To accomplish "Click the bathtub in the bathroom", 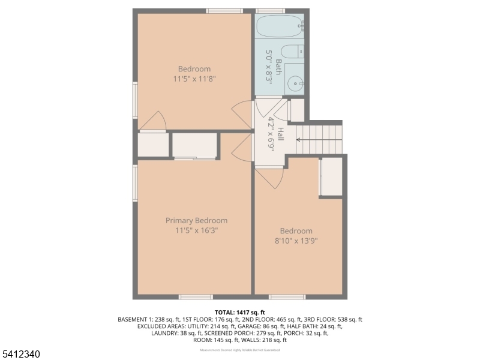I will click(x=280, y=27).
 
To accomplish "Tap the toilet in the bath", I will click(x=293, y=51).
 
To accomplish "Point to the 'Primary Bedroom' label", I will click(x=196, y=220).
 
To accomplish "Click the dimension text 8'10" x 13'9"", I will click(x=296, y=241).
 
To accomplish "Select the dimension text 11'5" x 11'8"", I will click(x=194, y=79).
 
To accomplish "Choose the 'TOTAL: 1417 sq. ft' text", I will click(x=239, y=313).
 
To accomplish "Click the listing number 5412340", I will click(x=21, y=354).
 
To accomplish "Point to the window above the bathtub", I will click(x=269, y=10).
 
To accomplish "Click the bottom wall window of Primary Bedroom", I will click(x=196, y=296).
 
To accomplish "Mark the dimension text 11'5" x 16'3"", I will click(x=196, y=230).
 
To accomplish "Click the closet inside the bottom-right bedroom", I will click(x=331, y=176).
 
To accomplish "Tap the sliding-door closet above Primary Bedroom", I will click(x=194, y=146).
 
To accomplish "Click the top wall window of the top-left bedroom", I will click(x=224, y=10).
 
